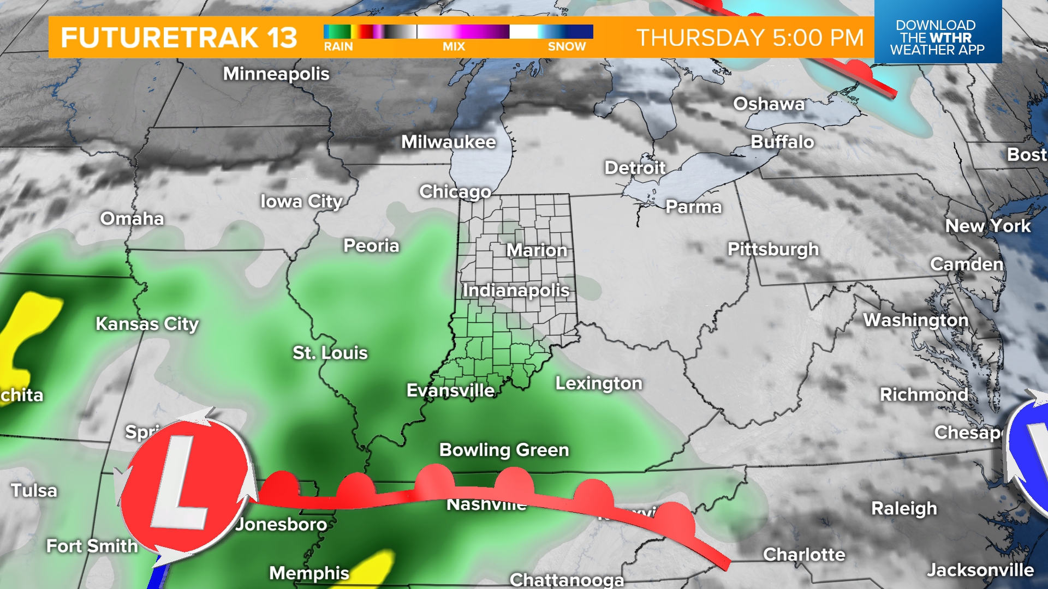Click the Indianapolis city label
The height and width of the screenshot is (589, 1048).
(516, 290)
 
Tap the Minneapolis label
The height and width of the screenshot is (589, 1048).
(276, 74)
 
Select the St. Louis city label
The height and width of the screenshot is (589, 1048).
(330, 353)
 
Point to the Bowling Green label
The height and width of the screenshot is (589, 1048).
(504, 450)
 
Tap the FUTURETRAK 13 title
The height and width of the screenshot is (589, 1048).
(178, 38)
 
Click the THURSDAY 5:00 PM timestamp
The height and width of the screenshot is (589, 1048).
(750, 38)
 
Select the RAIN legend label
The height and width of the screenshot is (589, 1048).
(338, 47)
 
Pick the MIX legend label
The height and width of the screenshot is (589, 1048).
(454, 47)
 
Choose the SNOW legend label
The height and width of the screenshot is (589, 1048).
(567, 47)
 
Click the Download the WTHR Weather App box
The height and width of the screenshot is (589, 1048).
(937, 37)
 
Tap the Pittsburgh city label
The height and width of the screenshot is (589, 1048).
(773, 249)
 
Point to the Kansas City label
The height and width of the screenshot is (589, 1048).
(147, 324)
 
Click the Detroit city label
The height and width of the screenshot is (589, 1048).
(635, 167)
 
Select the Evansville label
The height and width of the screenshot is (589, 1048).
(450, 390)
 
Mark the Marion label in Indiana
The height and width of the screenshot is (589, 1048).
(537, 250)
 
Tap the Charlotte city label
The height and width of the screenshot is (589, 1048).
(804, 555)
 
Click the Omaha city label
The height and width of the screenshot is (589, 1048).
(132, 219)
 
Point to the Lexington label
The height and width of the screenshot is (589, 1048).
(599, 383)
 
